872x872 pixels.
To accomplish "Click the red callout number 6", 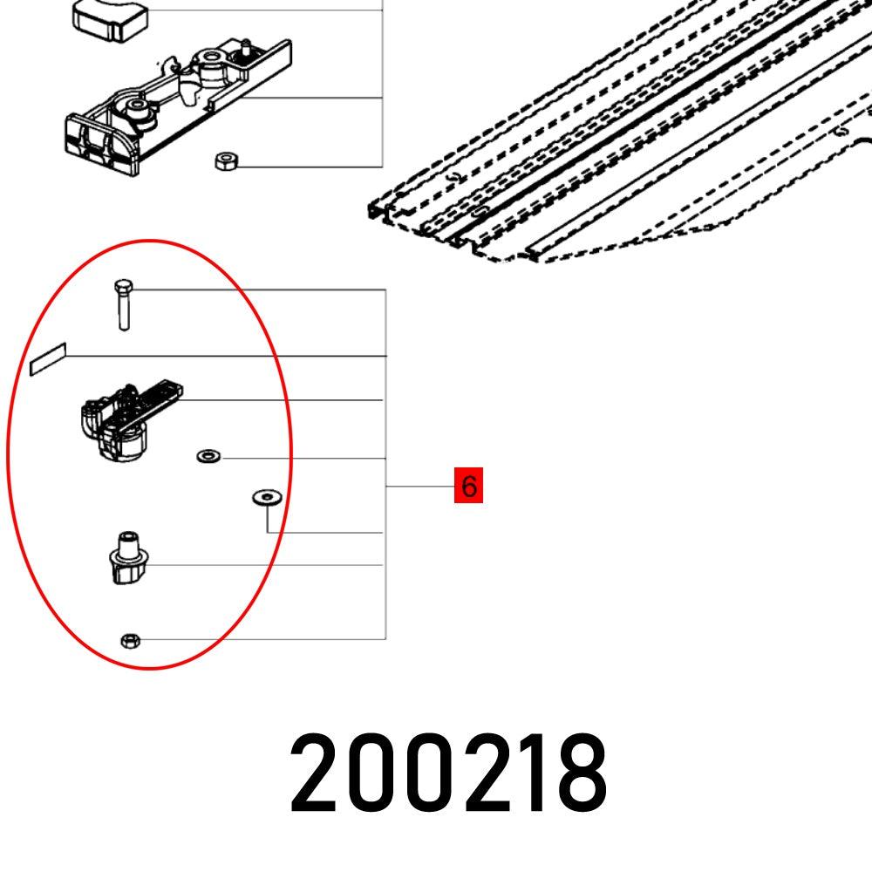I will [469, 486].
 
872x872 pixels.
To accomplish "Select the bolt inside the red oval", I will [122, 304].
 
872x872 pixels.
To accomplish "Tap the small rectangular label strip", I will [48, 362].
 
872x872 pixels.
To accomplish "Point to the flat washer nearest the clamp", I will [208, 456].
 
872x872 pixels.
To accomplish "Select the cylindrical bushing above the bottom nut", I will [126, 561].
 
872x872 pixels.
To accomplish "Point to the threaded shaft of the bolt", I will [123, 312].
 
